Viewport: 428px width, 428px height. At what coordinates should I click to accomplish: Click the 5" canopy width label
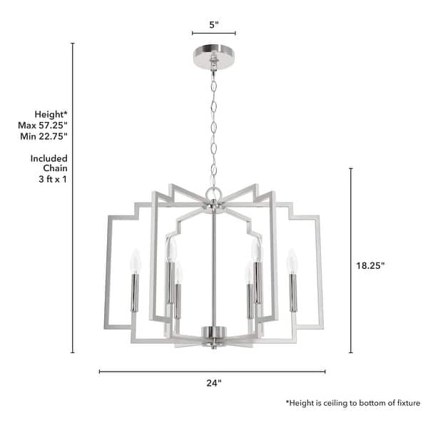(213, 24)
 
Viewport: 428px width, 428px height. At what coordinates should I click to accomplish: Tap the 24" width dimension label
(213, 383)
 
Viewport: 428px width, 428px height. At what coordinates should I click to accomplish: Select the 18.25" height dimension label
(370, 265)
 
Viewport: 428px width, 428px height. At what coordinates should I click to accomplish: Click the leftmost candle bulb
(133, 261)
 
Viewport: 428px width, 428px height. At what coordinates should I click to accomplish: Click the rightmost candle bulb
(291, 261)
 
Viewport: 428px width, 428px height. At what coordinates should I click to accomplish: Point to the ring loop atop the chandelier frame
(213, 193)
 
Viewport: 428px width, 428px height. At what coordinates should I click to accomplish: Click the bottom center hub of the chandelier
(213, 332)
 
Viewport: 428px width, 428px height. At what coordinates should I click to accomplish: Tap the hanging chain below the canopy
(213, 128)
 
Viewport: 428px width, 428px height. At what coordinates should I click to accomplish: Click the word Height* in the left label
(51, 114)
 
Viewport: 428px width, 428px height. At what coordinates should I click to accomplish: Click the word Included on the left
(49, 158)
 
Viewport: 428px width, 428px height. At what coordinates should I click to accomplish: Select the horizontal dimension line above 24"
(212, 371)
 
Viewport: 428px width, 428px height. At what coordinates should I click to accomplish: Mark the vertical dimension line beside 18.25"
(350, 260)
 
